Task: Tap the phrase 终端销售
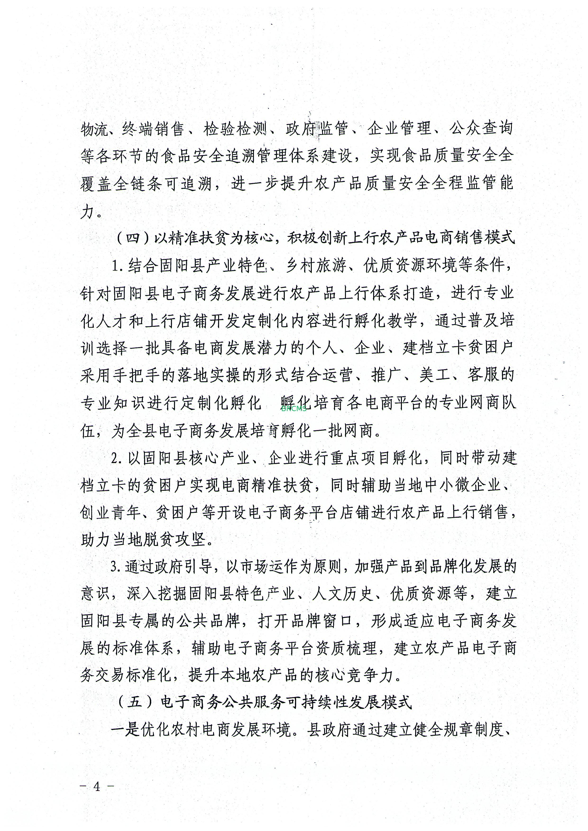point(153,128)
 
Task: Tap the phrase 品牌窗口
point(322,621)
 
